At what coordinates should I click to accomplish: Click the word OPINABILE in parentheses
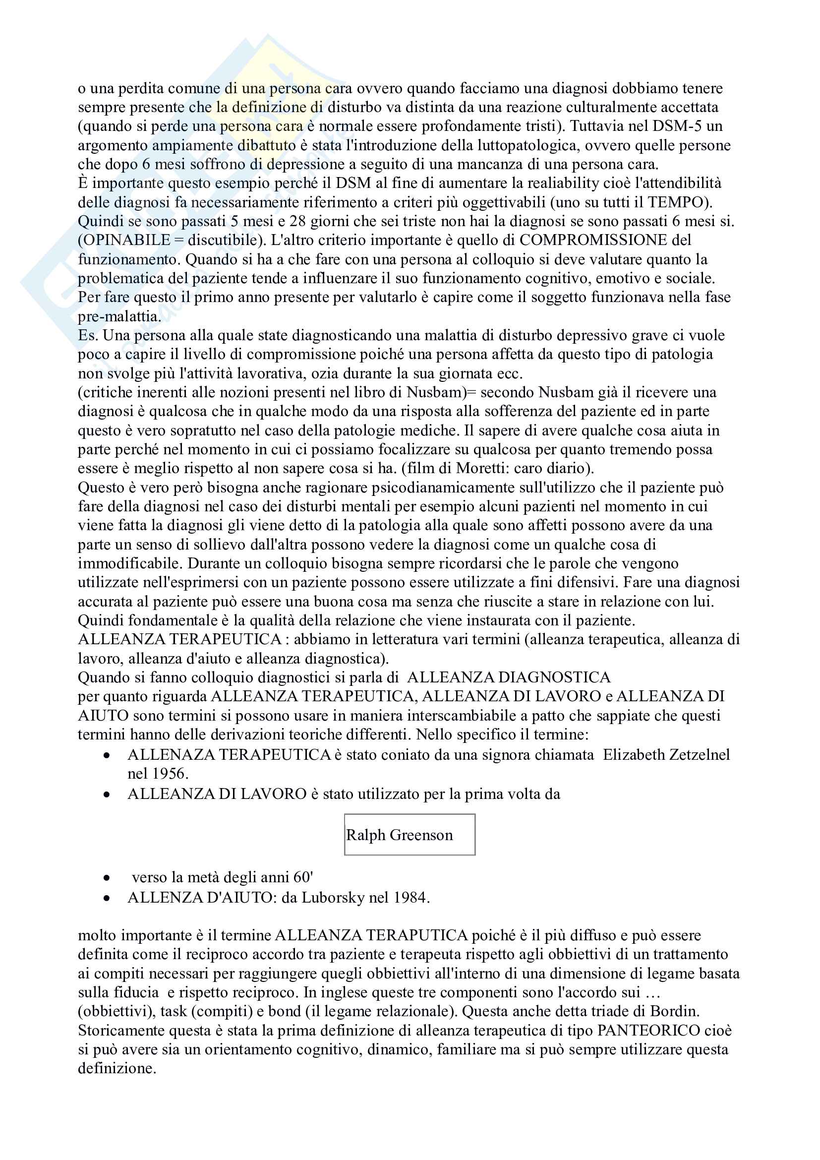pos(127,240)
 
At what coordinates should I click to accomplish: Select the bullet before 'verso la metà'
pos(107,878)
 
